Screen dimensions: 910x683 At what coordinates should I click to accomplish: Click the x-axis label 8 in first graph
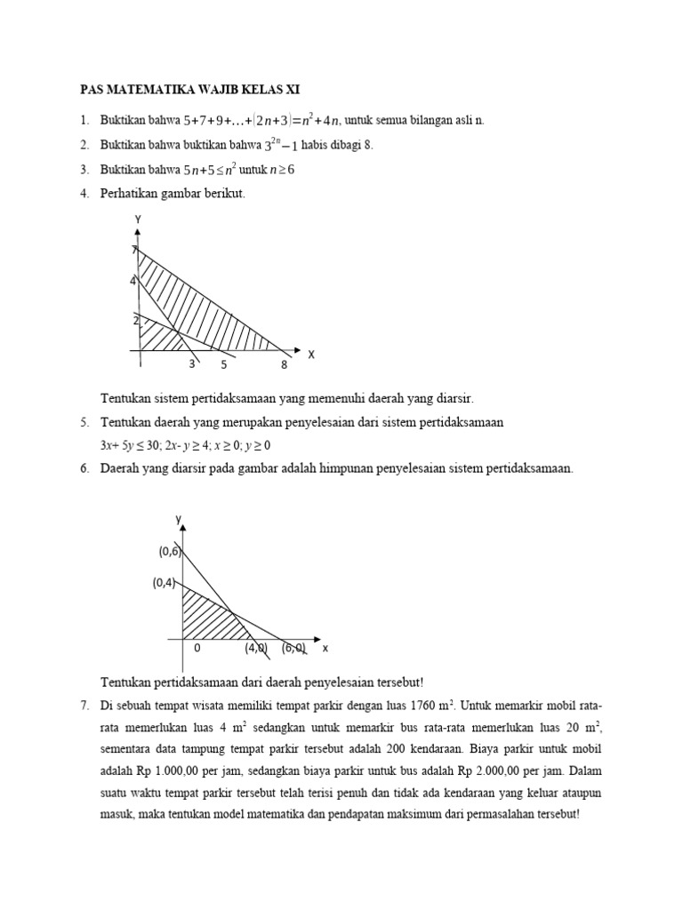point(284,364)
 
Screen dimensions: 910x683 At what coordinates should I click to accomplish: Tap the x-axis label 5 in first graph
point(224,364)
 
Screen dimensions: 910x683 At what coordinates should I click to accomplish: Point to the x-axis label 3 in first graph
point(191,364)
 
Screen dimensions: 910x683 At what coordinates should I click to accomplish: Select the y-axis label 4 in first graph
point(133,282)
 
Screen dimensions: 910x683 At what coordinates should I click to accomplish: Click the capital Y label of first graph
point(138,220)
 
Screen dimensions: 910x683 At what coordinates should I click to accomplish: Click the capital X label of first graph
point(311,355)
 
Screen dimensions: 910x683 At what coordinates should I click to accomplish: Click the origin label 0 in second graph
point(197,649)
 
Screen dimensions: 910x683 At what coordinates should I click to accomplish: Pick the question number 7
point(84,706)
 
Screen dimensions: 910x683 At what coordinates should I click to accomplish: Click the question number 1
point(84,121)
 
